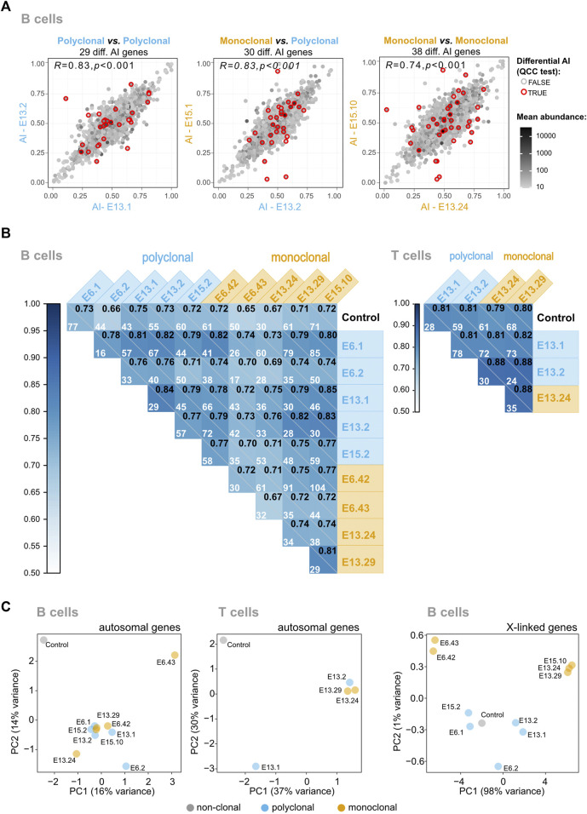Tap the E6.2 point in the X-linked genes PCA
pyautogui.click(x=498, y=767)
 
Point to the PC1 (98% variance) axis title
pyautogui.click(x=492, y=791)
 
